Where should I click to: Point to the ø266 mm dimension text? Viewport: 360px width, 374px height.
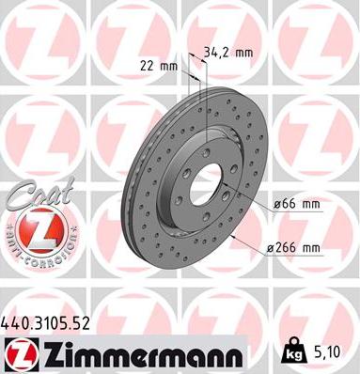click(x=293, y=248)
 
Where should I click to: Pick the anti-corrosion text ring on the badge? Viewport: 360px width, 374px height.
click(x=34, y=254)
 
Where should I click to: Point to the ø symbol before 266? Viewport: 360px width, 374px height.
click(x=271, y=248)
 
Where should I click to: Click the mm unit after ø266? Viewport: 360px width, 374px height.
click(x=309, y=248)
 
